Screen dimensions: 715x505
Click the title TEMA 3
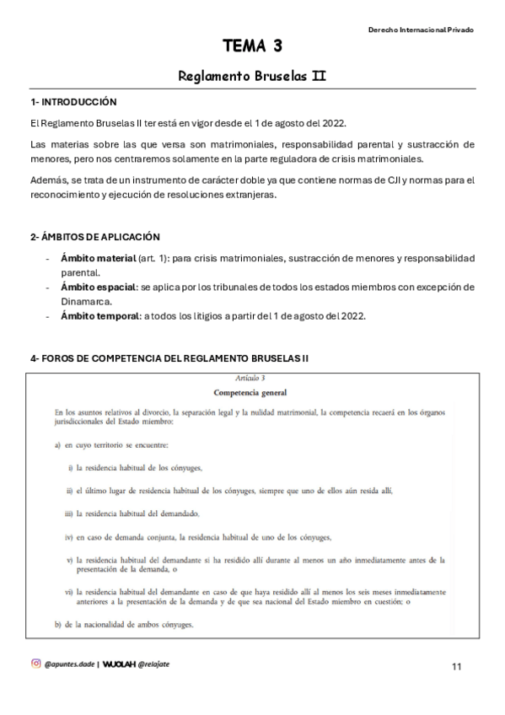pos(252,46)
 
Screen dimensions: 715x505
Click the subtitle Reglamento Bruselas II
pos(252,76)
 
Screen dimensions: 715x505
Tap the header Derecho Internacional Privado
pos(421,30)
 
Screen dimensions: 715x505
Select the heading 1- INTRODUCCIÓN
pos(73,102)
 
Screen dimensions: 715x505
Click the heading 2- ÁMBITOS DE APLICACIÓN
pos(95,237)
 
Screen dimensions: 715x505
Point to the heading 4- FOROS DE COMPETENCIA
pos(169,358)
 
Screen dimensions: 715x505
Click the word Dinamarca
pos(87,301)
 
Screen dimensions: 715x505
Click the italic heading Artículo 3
pos(250,378)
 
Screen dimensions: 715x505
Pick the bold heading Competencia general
pos(250,392)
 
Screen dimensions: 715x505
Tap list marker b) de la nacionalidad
pos(46,625)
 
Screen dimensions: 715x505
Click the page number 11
pos(456,667)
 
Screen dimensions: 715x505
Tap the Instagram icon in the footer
pos(35,664)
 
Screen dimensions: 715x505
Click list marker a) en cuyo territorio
pos(46,444)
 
